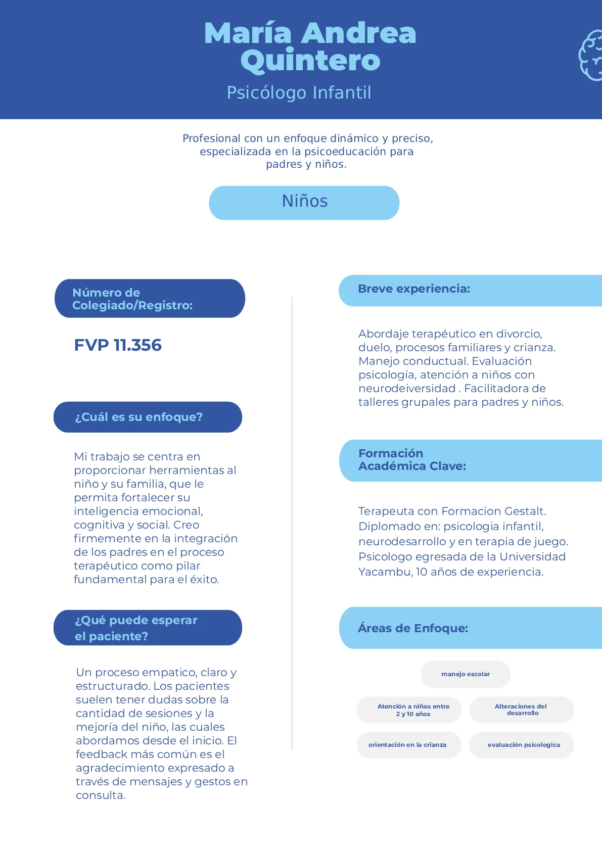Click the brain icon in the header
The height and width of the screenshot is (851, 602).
591,55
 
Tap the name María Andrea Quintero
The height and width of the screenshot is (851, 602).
310,46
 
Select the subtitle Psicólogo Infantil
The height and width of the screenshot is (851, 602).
299,93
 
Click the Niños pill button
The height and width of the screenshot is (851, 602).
304,203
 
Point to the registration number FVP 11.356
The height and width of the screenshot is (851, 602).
118,345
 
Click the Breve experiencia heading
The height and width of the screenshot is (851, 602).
414,289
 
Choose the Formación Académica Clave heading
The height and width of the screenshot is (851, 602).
412,460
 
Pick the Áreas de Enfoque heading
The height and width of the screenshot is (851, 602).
413,628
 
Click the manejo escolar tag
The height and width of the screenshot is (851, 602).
466,674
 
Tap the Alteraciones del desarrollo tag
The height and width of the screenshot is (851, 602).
522,710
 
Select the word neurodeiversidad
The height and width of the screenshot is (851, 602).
407,389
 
